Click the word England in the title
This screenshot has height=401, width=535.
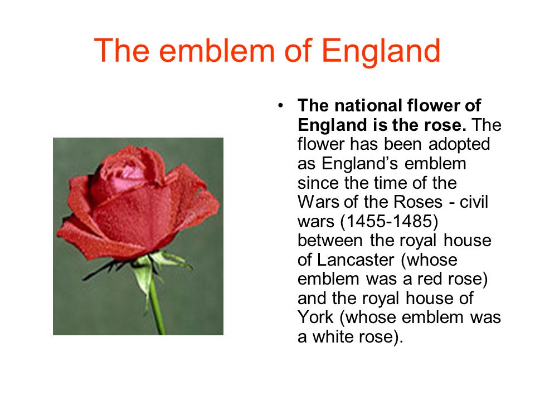pyautogui.click(x=381, y=51)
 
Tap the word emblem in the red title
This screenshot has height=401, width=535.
pyautogui.click(x=217, y=51)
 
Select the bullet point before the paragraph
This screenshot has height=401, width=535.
pyautogui.click(x=280, y=105)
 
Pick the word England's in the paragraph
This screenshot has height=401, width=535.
pyautogui.click(x=359, y=164)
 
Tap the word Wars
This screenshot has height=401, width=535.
pyautogui.click(x=318, y=202)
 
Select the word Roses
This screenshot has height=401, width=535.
pyautogui.click(x=418, y=202)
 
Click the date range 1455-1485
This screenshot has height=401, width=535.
pyautogui.click(x=390, y=221)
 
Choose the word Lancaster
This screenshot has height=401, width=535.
pyautogui.click(x=356, y=260)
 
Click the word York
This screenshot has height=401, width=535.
pyautogui.click(x=315, y=317)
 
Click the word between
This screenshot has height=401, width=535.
pyautogui.click(x=330, y=241)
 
